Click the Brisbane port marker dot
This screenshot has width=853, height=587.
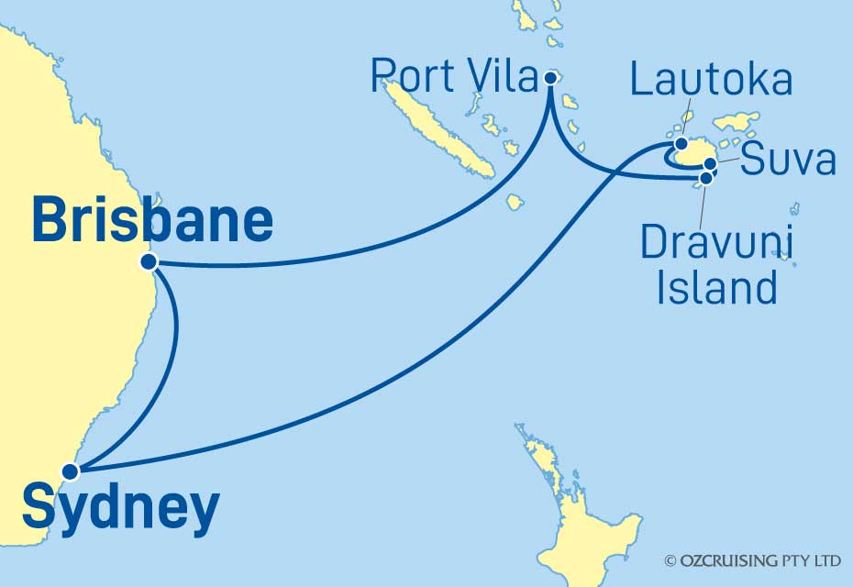149,262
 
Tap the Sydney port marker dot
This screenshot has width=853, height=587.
70,472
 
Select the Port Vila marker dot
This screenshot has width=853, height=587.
549,78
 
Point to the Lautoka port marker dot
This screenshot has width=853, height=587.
681,144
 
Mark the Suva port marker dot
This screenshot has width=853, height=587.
710,164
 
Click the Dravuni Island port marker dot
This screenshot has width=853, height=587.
705,177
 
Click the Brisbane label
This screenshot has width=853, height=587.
152,221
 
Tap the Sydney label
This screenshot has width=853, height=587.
120,509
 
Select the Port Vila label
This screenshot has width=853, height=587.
453,78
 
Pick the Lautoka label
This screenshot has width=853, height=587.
711,80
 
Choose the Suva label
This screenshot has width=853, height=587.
788,160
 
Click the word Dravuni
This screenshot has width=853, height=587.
717,243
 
